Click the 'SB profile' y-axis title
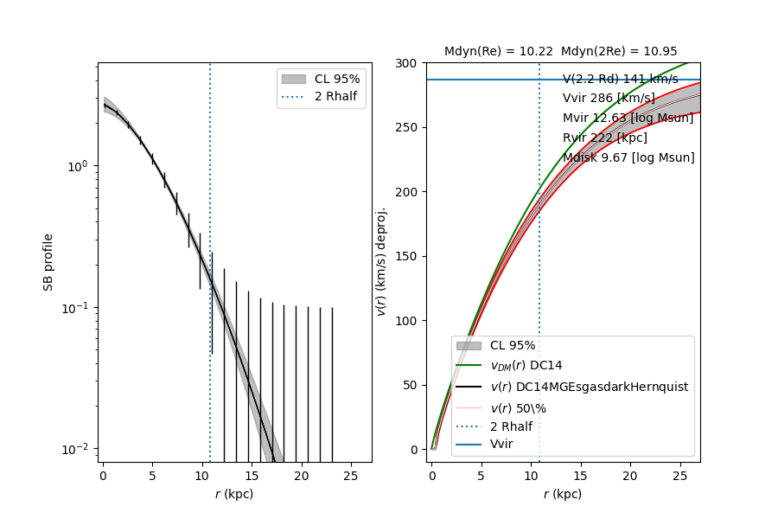point(49,261)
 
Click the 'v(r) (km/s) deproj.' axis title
point(380,261)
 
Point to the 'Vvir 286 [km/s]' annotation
point(609,99)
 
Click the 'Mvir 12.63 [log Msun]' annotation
point(628,119)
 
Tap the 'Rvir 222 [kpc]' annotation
point(604,138)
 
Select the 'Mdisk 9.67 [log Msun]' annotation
point(628,158)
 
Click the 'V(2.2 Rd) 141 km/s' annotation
point(620,80)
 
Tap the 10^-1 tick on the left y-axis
point(77,308)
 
